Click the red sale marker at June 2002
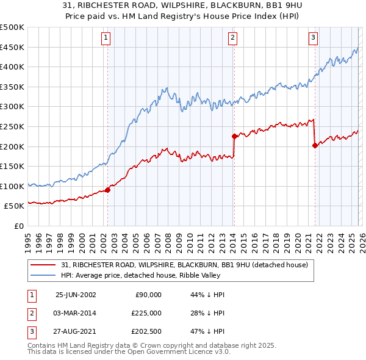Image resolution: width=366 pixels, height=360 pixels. click(x=108, y=190)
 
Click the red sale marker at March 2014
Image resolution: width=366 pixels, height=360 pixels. click(x=234, y=137)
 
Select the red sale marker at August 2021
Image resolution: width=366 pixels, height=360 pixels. click(x=315, y=145)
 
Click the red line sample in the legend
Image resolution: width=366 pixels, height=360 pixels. click(x=44, y=265)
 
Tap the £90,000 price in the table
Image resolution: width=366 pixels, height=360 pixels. click(x=148, y=295)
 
